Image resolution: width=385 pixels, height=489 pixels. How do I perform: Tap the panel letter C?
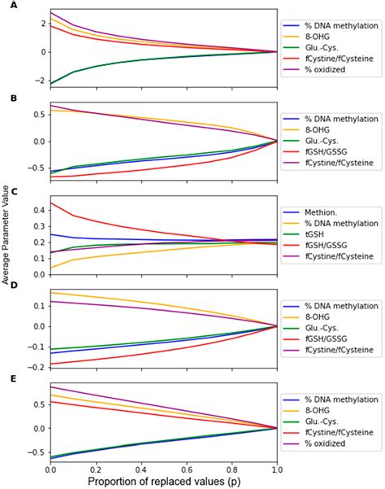point(7,194)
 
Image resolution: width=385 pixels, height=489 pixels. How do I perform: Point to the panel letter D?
point(7,284)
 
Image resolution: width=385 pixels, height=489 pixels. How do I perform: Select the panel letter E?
point(7,378)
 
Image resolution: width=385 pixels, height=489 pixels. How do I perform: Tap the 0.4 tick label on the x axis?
point(140,466)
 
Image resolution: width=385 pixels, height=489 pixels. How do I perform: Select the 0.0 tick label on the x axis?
point(50,466)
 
